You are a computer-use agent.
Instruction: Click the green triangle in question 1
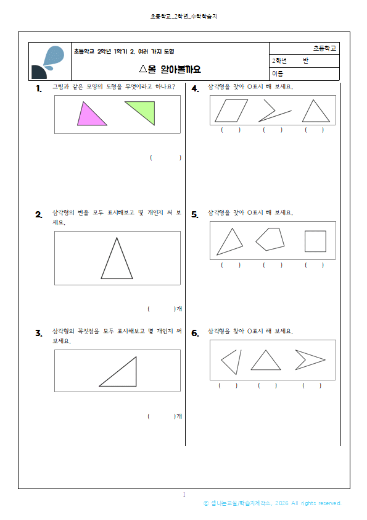click(144, 110)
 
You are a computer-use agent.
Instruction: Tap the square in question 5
click(315, 241)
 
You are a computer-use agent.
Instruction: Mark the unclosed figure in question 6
click(230, 361)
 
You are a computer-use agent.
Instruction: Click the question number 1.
click(38, 89)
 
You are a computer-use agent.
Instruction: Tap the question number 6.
click(195, 333)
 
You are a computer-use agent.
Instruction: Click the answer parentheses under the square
click(314, 265)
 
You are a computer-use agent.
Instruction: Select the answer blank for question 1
click(165, 158)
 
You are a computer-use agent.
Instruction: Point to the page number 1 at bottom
click(184, 495)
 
